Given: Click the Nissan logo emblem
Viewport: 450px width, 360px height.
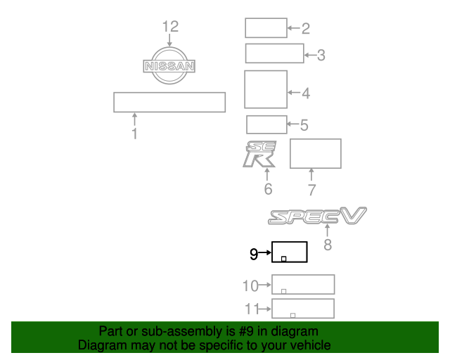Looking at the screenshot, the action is [169, 65].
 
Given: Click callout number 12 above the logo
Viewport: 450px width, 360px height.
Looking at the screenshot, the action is [170, 27].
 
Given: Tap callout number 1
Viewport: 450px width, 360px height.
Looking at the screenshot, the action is [134, 134].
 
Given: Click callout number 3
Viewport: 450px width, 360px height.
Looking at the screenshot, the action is [321, 55].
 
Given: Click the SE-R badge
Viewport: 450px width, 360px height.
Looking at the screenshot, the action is [259, 153].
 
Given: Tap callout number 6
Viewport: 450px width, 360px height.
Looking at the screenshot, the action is [268, 189].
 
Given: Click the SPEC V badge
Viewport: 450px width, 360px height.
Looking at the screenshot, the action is [317, 216].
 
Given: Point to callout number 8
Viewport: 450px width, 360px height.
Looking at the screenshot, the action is [328, 245].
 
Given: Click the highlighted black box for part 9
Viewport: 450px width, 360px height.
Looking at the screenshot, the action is [290, 242].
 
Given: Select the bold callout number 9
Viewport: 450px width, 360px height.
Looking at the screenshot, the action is [254, 254].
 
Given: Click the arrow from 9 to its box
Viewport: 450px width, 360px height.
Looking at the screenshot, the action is [265, 252].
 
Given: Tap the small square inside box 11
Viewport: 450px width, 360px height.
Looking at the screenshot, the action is [292, 316].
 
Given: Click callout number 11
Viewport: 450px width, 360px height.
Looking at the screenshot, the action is [252, 309].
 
